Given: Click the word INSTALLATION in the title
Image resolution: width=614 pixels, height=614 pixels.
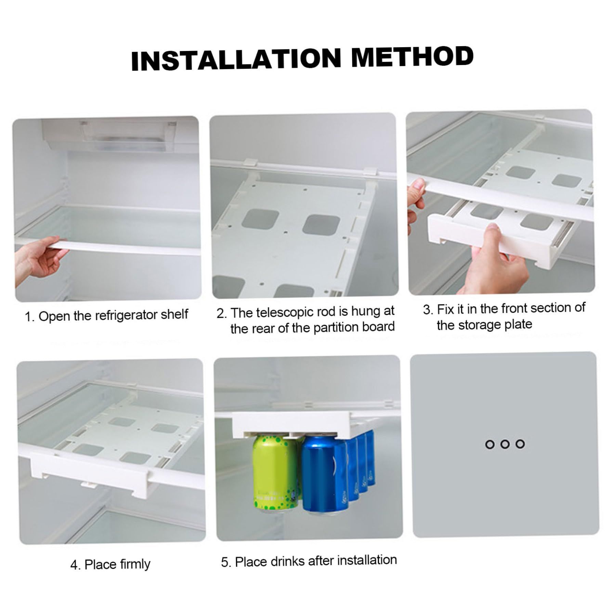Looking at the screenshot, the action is click(x=236, y=60).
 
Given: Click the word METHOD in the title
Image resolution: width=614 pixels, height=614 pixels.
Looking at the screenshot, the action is click(x=413, y=56).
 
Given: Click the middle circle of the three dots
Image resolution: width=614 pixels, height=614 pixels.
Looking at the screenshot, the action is click(x=505, y=444).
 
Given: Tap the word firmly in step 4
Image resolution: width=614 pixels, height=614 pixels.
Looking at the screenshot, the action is click(x=133, y=564).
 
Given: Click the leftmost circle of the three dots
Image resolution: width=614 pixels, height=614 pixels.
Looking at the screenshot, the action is click(x=490, y=444).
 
